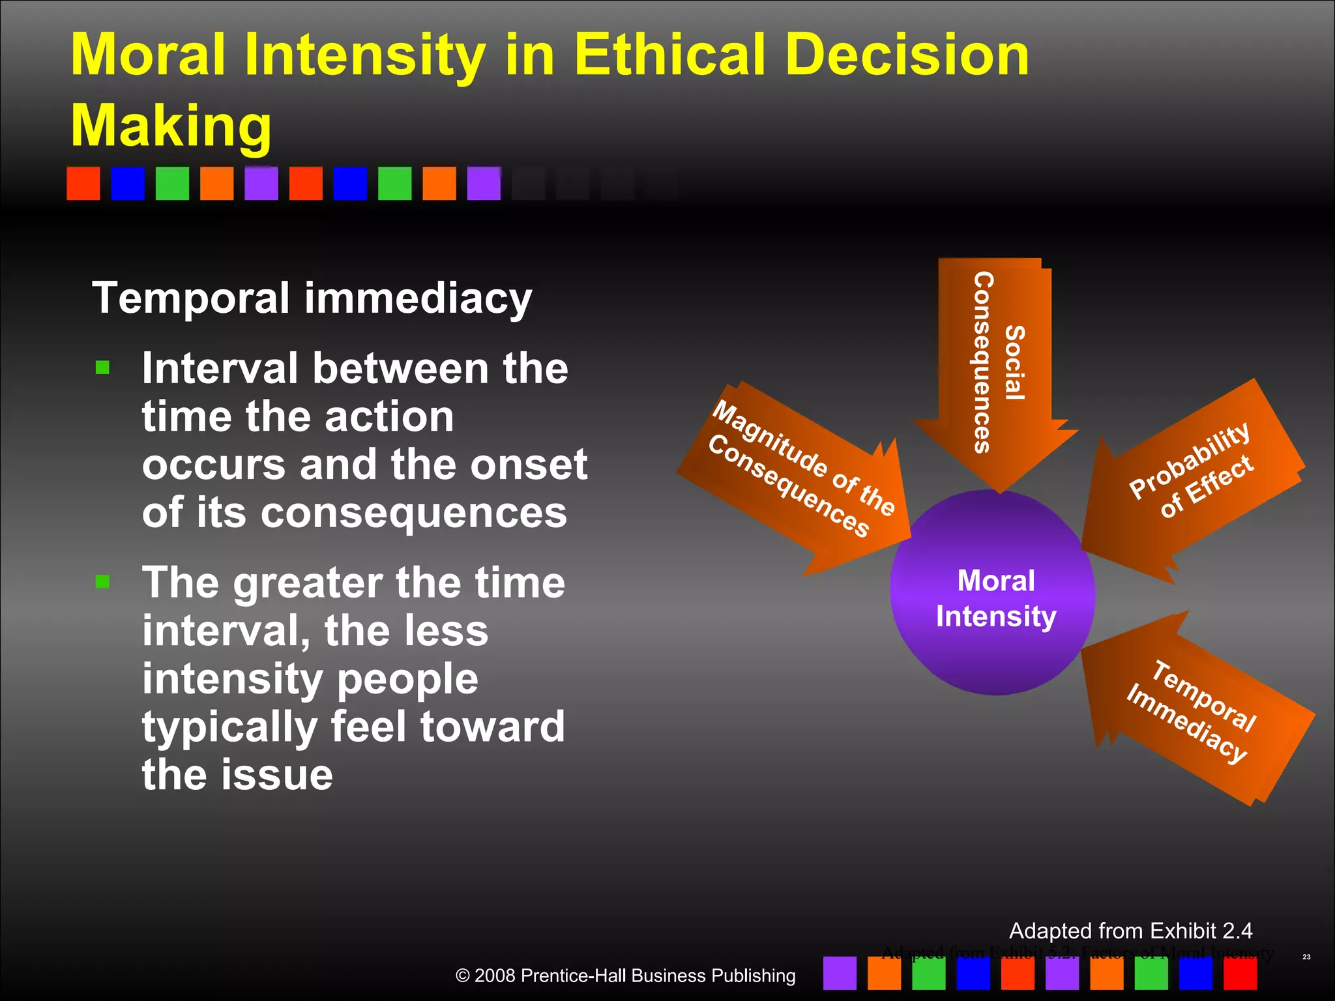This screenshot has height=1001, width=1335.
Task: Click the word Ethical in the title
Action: tap(671, 55)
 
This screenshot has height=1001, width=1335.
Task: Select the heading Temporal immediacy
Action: tap(312, 298)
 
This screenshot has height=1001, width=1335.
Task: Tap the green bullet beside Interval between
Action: tap(102, 368)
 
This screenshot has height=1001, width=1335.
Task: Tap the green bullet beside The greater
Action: tap(102, 581)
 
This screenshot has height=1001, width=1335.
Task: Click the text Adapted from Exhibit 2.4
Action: tap(1130, 931)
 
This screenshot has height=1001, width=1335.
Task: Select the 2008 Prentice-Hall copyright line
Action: tap(624, 976)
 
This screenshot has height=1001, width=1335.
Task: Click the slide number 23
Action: tap(1306, 957)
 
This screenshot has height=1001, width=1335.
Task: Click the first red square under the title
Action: tap(83, 183)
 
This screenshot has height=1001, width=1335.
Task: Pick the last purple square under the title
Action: tap(484, 183)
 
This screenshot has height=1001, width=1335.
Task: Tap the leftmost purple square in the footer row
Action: tap(840, 973)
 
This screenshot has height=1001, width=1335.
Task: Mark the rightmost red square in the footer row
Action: tap(1240, 973)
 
